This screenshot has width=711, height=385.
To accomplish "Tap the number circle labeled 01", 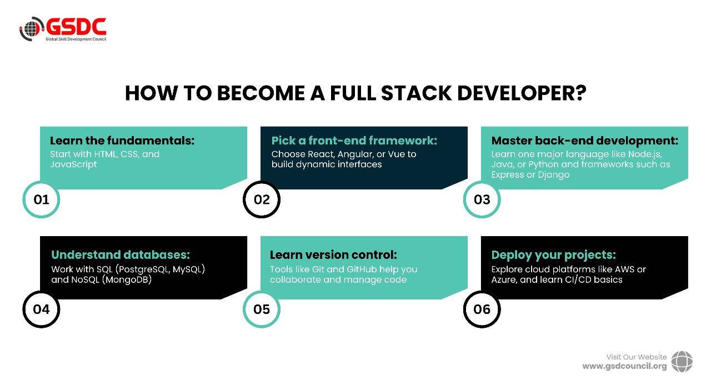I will click(41, 199).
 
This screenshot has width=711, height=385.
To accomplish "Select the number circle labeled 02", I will click(262, 199).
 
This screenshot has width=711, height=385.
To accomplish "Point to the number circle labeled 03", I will click(482, 199).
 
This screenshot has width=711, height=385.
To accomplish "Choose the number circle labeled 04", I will click(41, 309).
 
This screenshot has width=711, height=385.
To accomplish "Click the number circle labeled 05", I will click(262, 309).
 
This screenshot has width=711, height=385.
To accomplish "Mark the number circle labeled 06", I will click(482, 309).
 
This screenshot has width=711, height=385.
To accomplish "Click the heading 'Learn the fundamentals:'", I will click(122, 141).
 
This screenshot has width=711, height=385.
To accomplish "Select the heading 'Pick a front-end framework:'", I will click(354, 141).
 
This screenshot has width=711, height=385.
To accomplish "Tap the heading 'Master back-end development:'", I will click(584, 141).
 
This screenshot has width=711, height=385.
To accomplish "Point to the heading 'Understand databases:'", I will click(121, 255).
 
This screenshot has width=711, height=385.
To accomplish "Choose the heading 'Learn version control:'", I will click(333, 255).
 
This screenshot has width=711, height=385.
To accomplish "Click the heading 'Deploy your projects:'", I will click(553, 255).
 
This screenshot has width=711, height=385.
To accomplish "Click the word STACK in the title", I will click(408, 93).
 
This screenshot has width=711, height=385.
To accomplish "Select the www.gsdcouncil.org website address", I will click(624, 366).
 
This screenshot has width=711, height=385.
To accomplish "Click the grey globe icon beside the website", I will click(682, 361).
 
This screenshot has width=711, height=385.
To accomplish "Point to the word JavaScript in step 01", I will click(73, 164).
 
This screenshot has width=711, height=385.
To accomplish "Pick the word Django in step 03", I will click(554, 174).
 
